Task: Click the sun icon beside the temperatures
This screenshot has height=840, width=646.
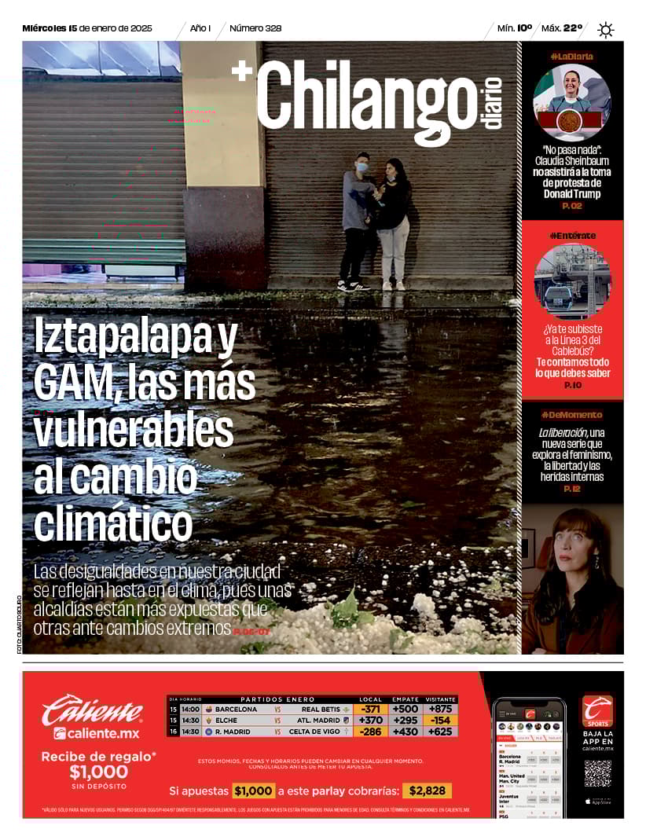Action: [605, 30]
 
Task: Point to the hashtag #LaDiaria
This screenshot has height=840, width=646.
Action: [571, 56]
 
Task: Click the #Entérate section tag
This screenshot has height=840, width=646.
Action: [572, 235]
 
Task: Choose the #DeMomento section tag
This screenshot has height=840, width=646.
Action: [571, 414]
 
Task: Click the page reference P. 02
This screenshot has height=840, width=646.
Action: [571, 206]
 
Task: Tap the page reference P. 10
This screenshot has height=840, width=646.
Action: [572, 385]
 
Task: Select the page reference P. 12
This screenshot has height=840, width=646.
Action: [571, 489]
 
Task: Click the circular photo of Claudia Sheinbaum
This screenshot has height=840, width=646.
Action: [571, 103]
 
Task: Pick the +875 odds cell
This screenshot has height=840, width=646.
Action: [441, 709]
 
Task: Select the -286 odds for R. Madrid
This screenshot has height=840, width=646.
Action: [370, 732]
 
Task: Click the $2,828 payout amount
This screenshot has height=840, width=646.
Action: [427, 790]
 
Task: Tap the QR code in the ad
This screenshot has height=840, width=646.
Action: [597, 774]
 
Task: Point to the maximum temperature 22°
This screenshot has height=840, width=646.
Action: [572, 28]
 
